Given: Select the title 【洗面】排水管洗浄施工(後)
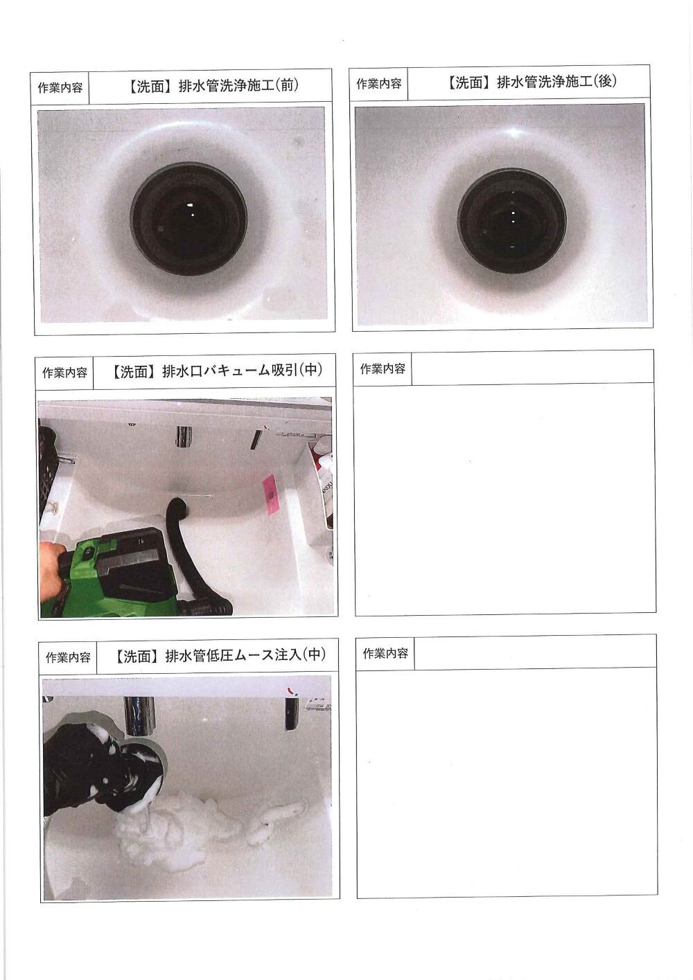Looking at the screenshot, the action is tap(532, 82).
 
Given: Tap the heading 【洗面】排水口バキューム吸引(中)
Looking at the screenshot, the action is tap(217, 371).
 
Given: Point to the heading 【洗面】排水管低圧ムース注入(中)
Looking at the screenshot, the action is tap(220, 654).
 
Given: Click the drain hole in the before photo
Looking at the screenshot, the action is tap(188, 217).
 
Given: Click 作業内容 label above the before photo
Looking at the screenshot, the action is tap(60, 87).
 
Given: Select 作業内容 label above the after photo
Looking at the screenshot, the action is tap(378, 84).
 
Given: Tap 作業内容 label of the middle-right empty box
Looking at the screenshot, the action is tap(383, 369).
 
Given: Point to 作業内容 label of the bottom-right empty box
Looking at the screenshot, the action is tap(386, 654).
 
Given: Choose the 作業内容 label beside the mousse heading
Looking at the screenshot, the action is tap(68, 657).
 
